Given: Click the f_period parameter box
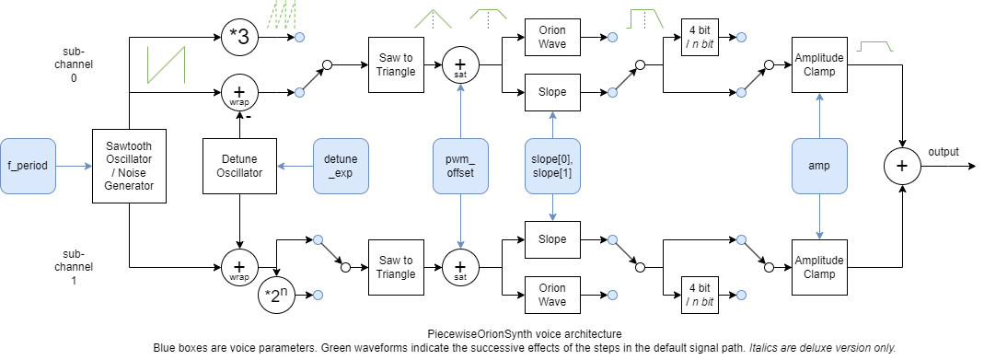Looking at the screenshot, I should [x=28, y=167].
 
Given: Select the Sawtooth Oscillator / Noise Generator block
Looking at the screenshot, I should [x=130, y=167].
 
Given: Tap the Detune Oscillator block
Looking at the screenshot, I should [x=239, y=167].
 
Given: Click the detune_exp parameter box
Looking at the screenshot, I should [x=341, y=167].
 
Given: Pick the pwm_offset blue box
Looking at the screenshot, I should [x=459, y=167].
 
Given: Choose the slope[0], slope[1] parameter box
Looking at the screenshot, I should [x=551, y=167].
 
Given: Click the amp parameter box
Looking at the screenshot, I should [x=818, y=167].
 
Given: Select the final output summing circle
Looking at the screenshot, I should [x=902, y=167].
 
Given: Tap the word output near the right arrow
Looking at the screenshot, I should [x=944, y=152].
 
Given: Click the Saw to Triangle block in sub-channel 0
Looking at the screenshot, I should [x=395, y=65].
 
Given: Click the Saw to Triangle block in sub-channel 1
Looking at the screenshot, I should [x=395, y=268].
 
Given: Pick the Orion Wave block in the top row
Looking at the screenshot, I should [x=551, y=38].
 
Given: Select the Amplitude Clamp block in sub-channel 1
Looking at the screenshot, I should [x=818, y=268].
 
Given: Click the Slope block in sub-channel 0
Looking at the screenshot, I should [x=551, y=93].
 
